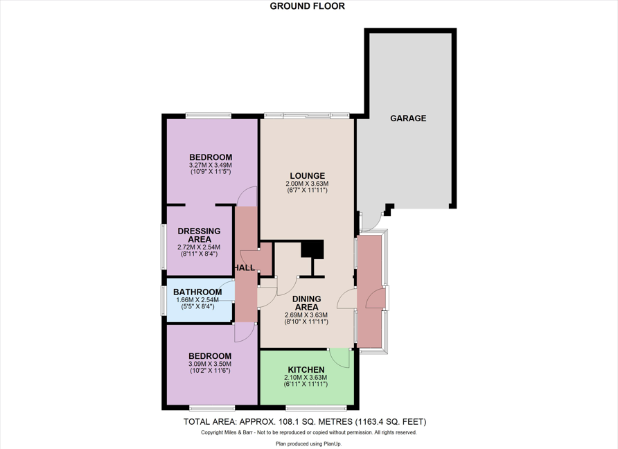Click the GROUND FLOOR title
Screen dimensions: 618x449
tap(307, 6)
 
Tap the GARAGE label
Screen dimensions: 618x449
tap(408, 118)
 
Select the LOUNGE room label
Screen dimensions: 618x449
tap(308, 176)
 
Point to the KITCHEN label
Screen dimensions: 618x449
tap(306, 370)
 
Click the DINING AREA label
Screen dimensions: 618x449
tap(307, 303)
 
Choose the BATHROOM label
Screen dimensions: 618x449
tap(197, 292)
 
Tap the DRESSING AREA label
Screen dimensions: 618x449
tap(199, 235)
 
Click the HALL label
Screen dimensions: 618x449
tap(245, 267)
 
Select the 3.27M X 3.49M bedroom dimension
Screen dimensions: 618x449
tap(211, 165)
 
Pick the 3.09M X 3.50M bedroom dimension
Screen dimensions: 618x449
tap(210, 364)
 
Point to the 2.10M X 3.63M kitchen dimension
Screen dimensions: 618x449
tap(306, 378)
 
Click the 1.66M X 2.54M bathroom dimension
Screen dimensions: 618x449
tap(197, 300)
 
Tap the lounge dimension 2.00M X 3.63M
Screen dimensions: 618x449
tap(307, 184)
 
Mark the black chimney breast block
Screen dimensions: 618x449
tap(312, 249)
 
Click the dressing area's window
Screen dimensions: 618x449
tap(164, 247)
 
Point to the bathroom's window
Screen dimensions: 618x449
tap(164, 301)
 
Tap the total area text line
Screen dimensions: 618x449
tap(305, 422)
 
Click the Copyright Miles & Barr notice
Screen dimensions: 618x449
tap(308, 432)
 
